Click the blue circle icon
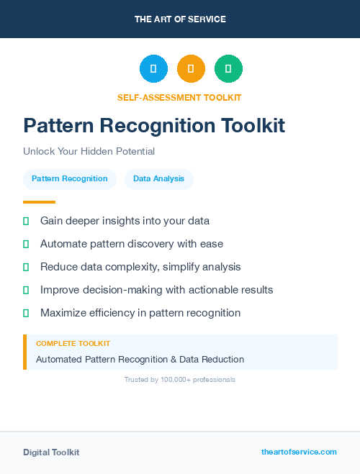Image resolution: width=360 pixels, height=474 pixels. point(153,69)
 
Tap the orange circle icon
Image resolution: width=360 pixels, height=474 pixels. point(191,69)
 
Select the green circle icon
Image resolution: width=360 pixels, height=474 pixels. point(228,69)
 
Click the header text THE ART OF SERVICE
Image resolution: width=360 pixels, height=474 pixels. point(180,19)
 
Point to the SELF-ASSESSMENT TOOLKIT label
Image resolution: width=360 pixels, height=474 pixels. point(179,97)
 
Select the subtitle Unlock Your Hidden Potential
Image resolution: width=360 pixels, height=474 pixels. point(89,152)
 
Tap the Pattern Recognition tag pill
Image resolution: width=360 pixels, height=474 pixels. point(70,178)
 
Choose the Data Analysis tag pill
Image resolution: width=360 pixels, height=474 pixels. point(159,178)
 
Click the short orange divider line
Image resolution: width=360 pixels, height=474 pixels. point(39,202)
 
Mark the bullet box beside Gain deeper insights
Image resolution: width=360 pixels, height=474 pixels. point(26,221)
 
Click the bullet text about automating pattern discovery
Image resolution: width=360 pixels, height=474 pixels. point(132,244)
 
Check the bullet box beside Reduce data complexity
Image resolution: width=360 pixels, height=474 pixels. point(26,267)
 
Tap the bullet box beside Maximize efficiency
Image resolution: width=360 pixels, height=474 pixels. point(26,313)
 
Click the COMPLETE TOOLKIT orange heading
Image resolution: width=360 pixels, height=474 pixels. point(73,344)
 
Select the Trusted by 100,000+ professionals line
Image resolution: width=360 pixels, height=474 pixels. point(180,379)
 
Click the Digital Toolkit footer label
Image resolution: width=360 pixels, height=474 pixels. point(51,452)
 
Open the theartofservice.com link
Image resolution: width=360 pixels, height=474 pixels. point(299,452)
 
